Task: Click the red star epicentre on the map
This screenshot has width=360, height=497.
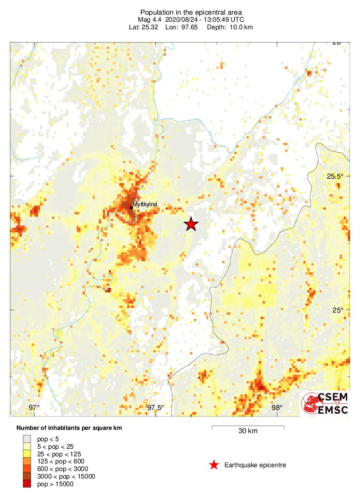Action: click(190, 224)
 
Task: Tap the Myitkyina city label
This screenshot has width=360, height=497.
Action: click(145, 204)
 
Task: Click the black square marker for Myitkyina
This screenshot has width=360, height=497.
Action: click(131, 207)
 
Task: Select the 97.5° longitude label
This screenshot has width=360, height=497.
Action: click(155, 408)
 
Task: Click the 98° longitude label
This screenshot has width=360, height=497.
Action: click(277, 408)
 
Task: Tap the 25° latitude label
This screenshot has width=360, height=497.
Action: click(338, 310)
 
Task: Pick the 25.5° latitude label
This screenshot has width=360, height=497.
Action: click(335, 176)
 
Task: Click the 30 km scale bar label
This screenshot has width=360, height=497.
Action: click(248, 431)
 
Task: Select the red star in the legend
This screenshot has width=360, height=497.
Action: click(214, 465)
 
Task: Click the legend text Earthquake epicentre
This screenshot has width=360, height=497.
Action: click(255, 465)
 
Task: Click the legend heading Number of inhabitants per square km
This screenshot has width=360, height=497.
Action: click(69, 428)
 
